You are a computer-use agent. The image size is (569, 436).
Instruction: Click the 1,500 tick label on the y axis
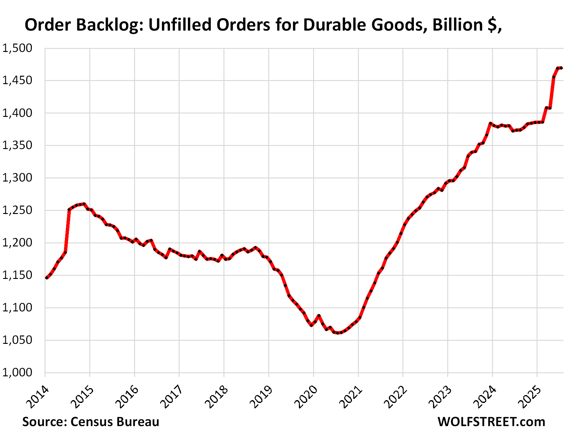tap(17, 48)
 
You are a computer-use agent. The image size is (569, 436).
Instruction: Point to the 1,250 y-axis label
tap(17, 210)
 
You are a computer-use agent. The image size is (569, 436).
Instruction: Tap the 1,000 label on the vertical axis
tap(17, 373)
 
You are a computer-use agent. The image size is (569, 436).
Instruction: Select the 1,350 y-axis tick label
tap(17, 145)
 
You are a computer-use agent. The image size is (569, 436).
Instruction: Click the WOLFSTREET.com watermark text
tap(491, 422)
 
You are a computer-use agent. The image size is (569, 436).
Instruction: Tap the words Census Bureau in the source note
tap(115, 422)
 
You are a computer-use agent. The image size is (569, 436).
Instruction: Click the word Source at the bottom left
tap(45, 422)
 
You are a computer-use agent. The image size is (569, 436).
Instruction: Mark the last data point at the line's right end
tap(561, 68)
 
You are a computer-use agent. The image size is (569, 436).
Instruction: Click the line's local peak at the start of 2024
tap(490, 124)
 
